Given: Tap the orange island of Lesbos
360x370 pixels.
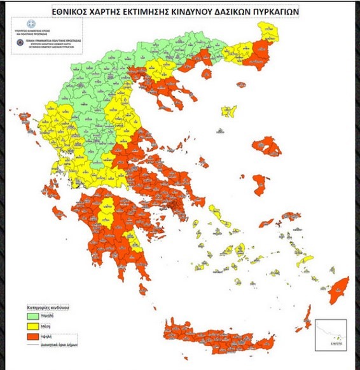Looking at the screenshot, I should point(266,147).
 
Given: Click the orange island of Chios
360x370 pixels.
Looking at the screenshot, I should point(260,184).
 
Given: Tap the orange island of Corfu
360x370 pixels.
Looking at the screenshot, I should point(24,118).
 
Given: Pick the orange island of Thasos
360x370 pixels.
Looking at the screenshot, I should point(206,74).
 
